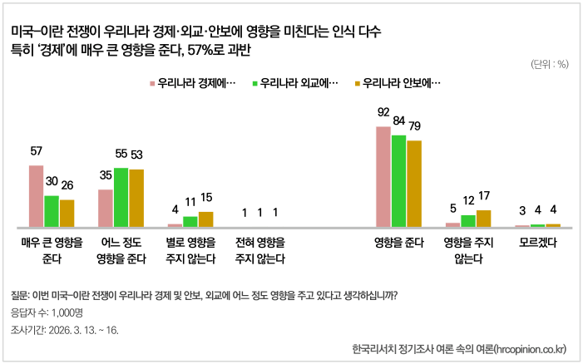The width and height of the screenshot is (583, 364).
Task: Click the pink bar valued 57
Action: pos(36,196)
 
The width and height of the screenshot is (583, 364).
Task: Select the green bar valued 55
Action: pos(121,198)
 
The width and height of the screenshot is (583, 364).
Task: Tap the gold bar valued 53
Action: pos(136,199)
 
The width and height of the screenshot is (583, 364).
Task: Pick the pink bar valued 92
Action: pos(383,177)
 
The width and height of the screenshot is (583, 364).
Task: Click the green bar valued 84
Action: pos(398,181)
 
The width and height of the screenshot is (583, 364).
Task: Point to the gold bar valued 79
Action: pos(414,184)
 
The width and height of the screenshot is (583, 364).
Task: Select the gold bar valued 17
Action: pos(483,219)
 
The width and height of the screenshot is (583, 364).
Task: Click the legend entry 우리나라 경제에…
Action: pos(192,83)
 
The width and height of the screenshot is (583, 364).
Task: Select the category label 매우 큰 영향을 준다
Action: pos(52,250)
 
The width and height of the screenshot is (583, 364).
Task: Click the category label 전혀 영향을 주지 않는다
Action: pos(259,250)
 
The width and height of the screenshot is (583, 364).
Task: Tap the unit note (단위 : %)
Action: pos(549,64)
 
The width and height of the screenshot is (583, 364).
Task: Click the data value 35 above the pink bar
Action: pos(106,176)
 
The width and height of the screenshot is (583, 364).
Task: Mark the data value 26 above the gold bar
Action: pos(67,184)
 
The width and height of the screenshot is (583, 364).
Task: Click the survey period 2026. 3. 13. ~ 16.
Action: pos(65,330)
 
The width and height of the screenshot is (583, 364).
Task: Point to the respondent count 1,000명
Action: pos(47,313)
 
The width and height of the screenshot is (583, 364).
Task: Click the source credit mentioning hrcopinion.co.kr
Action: pos(459,347)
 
